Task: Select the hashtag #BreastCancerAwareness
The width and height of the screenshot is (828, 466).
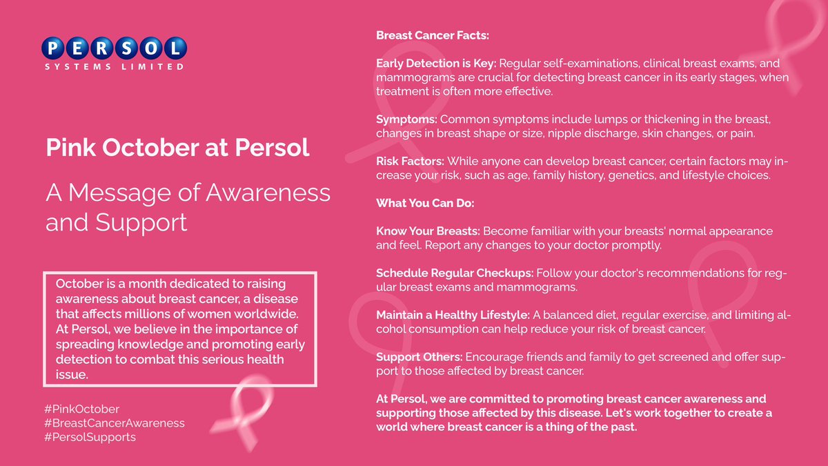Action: click(115, 423)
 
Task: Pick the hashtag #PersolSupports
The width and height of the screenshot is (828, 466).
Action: click(91, 437)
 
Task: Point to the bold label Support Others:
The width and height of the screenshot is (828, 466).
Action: click(419, 358)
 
